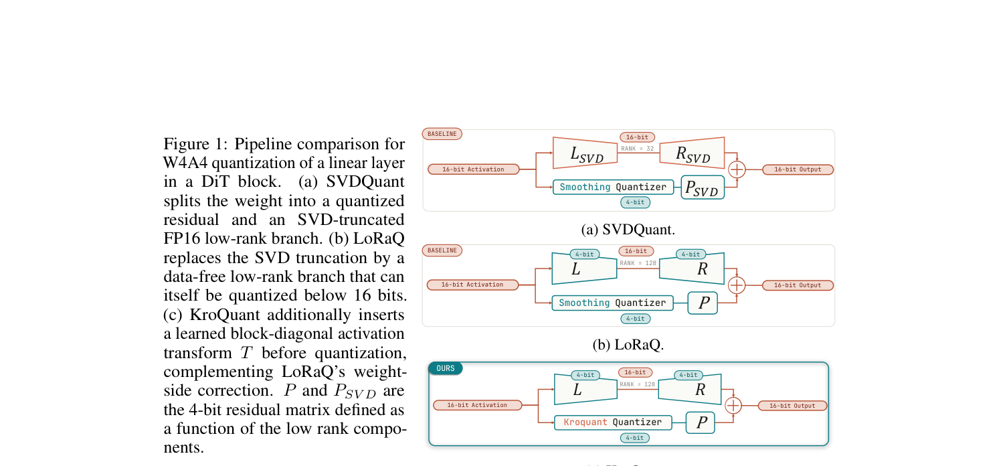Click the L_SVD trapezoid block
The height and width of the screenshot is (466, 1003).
pyautogui.click(x=585, y=153)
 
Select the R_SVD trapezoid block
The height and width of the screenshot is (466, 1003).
pyautogui.click(x=693, y=153)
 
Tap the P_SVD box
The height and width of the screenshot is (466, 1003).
pyautogui.click(x=703, y=187)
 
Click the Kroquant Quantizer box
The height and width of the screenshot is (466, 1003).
pyautogui.click(x=613, y=422)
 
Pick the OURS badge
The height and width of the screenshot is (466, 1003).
pyautogui.click(x=446, y=368)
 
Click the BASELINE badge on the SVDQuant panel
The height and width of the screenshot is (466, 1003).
pyautogui.click(x=442, y=134)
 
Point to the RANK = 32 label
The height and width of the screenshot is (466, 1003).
pyautogui.click(x=637, y=149)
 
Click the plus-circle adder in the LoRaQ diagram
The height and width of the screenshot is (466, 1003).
pyautogui.click(x=737, y=285)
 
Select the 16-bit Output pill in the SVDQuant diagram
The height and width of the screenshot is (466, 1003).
pyautogui.click(x=798, y=170)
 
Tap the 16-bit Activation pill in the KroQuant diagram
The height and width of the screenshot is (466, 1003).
pyautogui.click(x=477, y=406)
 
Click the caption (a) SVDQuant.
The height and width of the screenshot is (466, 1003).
pyautogui.click(x=628, y=230)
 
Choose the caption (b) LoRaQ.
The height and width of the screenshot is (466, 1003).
pyautogui.click(x=628, y=345)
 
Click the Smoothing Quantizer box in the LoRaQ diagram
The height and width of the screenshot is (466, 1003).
pyautogui.click(x=612, y=303)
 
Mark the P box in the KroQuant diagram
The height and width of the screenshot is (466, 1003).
pyautogui.click(x=701, y=422)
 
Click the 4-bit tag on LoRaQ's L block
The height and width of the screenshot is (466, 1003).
pyautogui.click(x=584, y=254)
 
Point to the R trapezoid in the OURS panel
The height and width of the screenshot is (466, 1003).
pyautogui.click(x=690, y=389)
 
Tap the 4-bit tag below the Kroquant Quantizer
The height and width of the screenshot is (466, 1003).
pyautogui.click(x=634, y=439)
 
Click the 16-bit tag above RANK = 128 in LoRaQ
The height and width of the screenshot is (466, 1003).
pyautogui.click(x=636, y=251)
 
